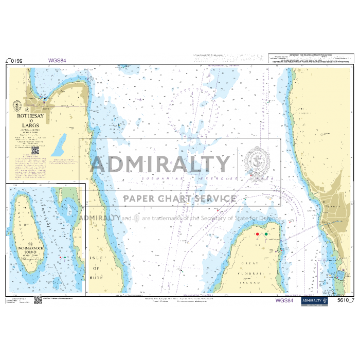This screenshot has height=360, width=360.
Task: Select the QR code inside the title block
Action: pyautogui.click(x=35, y=151)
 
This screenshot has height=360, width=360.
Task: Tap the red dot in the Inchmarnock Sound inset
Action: pyautogui.click(x=60, y=257)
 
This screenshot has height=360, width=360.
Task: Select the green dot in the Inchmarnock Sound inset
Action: pyautogui.click(x=65, y=257)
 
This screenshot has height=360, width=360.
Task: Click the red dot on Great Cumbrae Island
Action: pyautogui.click(x=258, y=234)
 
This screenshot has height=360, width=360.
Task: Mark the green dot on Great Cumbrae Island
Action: pyautogui.click(x=266, y=234)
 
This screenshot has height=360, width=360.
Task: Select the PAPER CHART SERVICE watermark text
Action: pyautogui.click(x=179, y=199)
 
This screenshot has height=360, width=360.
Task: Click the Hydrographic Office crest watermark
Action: pyautogui.click(x=256, y=162)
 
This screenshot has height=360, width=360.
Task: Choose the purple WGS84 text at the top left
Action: pyautogui.click(x=58, y=60)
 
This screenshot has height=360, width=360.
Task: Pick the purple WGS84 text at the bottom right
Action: pyautogui.click(x=284, y=300)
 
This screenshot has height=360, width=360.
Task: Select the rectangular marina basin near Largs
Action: pyautogui.click(x=340, y=276)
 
